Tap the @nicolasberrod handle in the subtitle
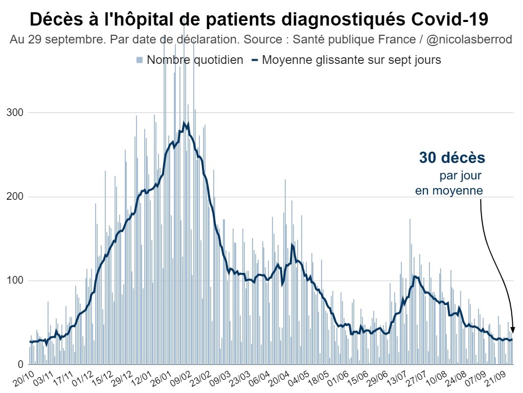click(x=467, y=40)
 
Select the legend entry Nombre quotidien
click(x=194, y=60)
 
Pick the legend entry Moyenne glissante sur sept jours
click(x=351, y=60)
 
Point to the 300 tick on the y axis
click(x=15, y=112)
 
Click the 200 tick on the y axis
click(x=15, y=197)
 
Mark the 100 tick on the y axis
click(x=15, y=281)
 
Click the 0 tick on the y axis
click(x=21, y=364)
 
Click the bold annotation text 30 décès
click(x=452, y=158)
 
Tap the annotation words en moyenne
click(x=449, y=191)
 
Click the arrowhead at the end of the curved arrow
click(x=512, y=330)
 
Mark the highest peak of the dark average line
click(x=184, y=123)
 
